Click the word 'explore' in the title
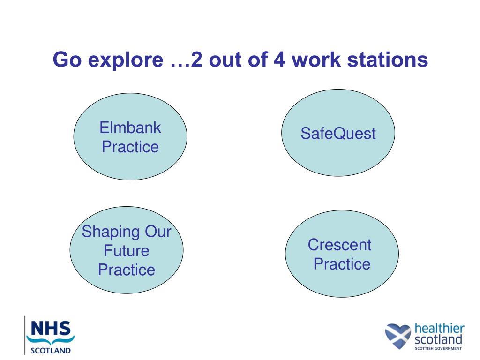point(126,60)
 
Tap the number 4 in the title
point(279,60)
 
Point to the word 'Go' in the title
point(67,60)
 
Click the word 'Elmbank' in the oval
point(130,127)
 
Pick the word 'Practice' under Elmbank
point(130,147)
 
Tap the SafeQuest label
point(338,134)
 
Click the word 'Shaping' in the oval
point(111,232)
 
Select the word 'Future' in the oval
point(127,251)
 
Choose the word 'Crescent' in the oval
point(339,245)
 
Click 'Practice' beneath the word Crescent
point(342,264)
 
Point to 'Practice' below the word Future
point(127,270)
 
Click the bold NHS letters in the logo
point(51,328)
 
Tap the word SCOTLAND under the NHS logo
point(51,351)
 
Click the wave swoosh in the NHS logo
point(51,340)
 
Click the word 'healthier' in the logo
point(439,329)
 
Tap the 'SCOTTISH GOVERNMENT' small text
point(438,348)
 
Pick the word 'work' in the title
point(316,60)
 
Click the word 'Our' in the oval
point(158,232)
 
